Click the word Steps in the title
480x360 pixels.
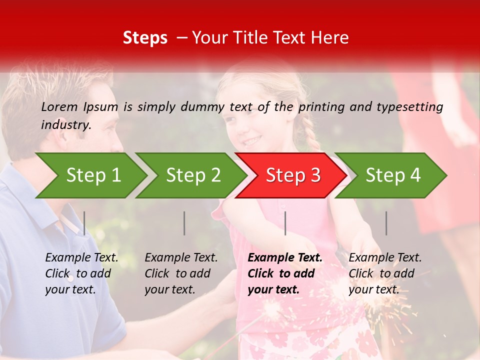click(x=145, y=38)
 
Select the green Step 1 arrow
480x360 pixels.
click(x=93, y=175)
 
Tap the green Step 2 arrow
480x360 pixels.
click(x=193, y=175)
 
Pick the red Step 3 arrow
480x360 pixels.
click(x=293, y=175)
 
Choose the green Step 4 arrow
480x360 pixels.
click(x=393, y=175)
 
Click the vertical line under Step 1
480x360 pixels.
click(x=84, y=223)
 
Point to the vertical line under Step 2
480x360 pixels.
click(x=184, y=223)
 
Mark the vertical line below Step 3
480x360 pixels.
click(x=285, y=223)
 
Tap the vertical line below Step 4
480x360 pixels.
click(x=386, y=223)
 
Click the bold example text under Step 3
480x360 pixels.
click(x=285, y=273)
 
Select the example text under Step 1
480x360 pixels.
click(x=82, y=273)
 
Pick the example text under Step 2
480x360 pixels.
click(x=181, y=273)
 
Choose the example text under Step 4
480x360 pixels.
click(x=385, y=273)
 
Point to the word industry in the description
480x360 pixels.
click(x=65, y=125)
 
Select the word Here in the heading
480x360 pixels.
click(x=330, y=38)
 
